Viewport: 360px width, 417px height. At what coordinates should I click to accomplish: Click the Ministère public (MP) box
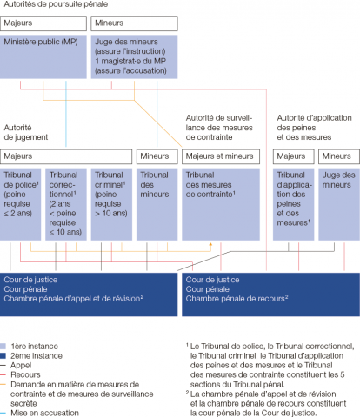(43, 56)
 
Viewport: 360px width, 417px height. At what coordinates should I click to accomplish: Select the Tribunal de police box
(20, 204)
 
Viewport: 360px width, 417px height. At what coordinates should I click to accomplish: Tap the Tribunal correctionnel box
(66, 204)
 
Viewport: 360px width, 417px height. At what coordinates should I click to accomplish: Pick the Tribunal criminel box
(111, 204)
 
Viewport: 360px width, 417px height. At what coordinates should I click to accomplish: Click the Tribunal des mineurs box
(157, 204)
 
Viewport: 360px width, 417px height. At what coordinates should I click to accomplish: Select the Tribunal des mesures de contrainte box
(221, 204)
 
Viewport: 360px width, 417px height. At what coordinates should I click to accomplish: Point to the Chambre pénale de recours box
(270, 295)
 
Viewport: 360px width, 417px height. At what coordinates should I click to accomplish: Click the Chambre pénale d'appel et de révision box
(89, 295)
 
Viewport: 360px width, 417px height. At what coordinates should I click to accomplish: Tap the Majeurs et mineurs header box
(221, 156)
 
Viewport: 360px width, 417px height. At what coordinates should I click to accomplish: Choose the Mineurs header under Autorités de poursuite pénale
(134, 23)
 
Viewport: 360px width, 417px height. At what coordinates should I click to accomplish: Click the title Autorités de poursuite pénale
(56, 4)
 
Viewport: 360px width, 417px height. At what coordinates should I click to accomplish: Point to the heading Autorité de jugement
(26, 132)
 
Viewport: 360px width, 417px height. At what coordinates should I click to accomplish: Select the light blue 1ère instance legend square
(3, 347)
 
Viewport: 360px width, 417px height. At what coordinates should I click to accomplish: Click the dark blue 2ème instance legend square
(3, 355)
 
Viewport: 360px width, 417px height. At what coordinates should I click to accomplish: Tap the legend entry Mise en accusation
(44, 413)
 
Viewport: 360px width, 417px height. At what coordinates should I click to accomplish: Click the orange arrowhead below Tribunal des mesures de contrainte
(210, 245)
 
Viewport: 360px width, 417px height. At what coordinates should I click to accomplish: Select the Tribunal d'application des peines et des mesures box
(294, 204)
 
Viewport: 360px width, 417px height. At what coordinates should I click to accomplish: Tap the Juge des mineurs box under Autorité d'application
(339, 204)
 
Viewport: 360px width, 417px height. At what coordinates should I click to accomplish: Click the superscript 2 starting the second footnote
(187, 393)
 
